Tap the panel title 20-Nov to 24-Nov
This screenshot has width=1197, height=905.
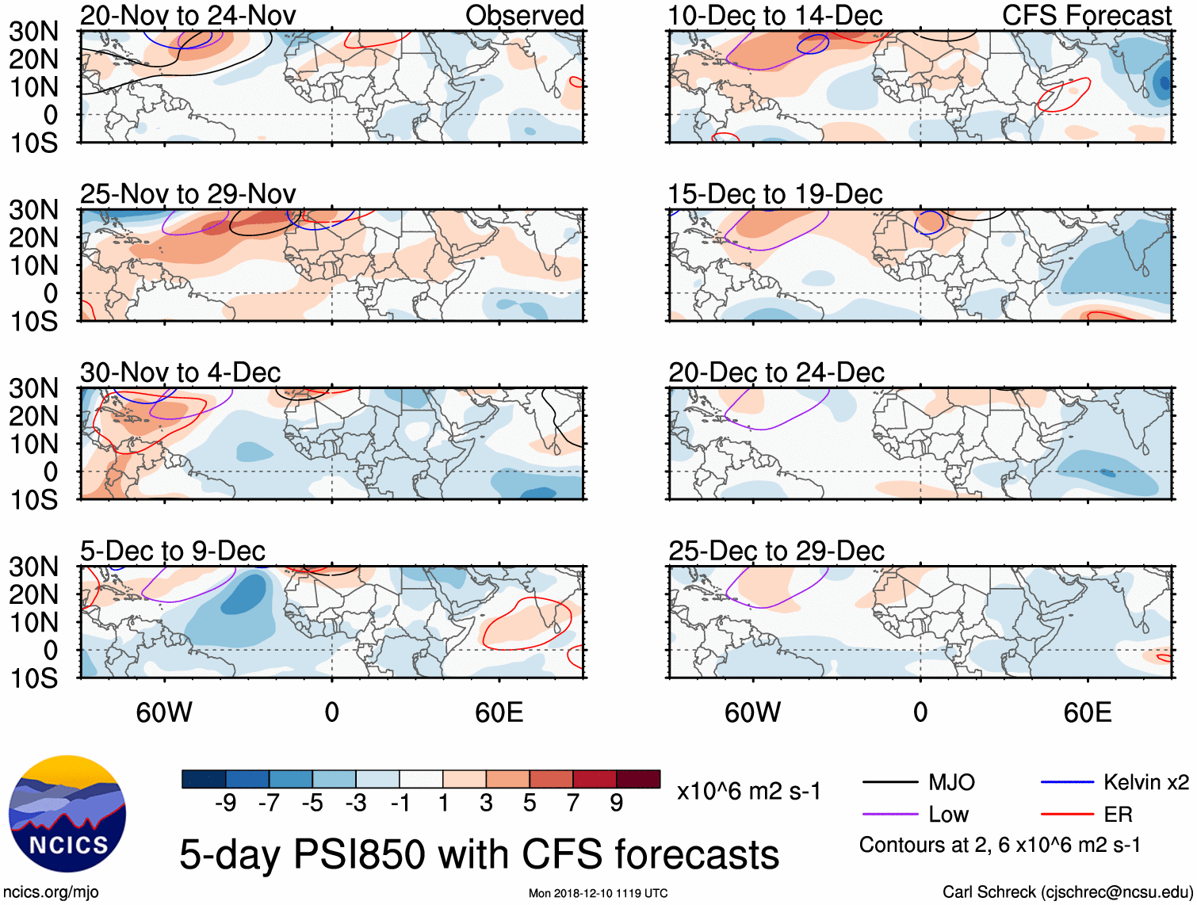pyautogui.click(x=188, y=15)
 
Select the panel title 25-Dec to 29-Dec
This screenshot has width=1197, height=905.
pyautogui.click(x=776, y=551)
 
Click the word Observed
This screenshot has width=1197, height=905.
pyautogui.click(x=524, y=15)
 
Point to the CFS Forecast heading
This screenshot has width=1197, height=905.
pyautogui.click(x=1087, y=15)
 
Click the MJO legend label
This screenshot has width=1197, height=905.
pyautogui.click(x=951, y=783)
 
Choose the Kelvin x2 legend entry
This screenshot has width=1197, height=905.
pyautogui.click(x=1145, y=783)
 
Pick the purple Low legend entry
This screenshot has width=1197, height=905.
pyautogui.click(x=948, y=815)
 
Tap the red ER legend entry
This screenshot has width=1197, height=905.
pyautogui.click(x=1118, y=815)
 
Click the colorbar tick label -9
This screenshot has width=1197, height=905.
pyautogui.click(x=226, y=804)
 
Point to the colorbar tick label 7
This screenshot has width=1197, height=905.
pyautogui.click(x=573, y=804)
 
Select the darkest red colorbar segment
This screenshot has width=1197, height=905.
pyautogui.click(x=638, y=779)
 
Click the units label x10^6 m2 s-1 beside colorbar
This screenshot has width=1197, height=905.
pyautogui.click(x=748, y=792)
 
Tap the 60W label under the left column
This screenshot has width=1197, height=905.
pyautogui.click(x=164, y=712)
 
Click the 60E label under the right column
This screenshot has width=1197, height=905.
pyautogui.click(x=1088, y=712)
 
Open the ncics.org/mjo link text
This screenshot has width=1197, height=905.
pyautogui.click(x=51, y=892)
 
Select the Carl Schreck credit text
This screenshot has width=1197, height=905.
pyautogui.click(x=1067, y=892)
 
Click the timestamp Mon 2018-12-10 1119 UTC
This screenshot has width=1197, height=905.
pyautogui.click(x=598, y=893)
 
